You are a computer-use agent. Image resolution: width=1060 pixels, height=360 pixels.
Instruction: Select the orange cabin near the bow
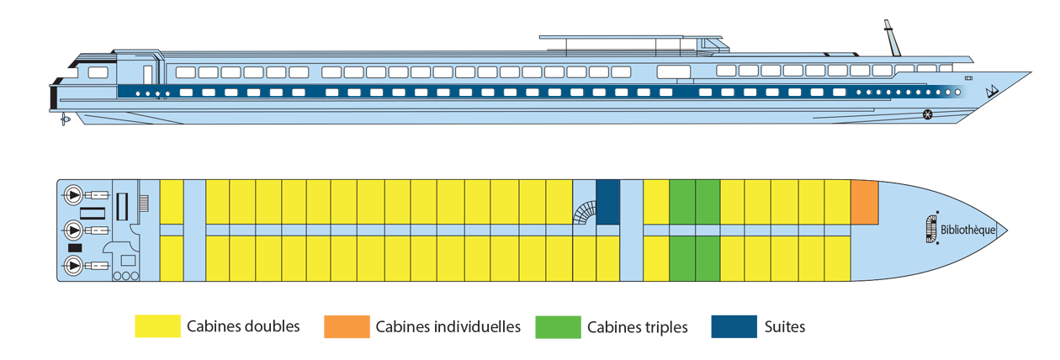coord(865,202)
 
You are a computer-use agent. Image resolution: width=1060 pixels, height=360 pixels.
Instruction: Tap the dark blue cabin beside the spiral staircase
coord(607,202)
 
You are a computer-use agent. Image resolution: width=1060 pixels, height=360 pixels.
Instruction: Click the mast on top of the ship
coord(888,37)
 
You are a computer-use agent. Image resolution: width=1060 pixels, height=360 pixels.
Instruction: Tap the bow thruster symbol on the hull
coord(928,114)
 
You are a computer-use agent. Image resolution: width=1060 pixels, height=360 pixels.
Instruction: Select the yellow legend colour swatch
coord(135,329)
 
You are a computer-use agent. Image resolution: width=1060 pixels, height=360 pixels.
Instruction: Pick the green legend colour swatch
coord(555,329)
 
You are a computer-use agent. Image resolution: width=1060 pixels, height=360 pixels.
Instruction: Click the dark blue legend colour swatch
coord(729,329)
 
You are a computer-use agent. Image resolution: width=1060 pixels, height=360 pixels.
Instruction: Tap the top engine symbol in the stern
coord(74,195)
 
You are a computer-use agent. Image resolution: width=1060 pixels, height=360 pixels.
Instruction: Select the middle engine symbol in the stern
coord(74,230)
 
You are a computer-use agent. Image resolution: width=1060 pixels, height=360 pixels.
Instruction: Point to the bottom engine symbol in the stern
coord(74,267)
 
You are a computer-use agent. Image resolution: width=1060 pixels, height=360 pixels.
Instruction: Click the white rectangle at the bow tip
coord(1025,223)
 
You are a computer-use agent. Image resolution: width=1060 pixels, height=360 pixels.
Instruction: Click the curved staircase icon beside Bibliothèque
coord(930,230)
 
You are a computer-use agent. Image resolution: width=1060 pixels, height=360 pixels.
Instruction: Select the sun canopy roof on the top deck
coord(631,38)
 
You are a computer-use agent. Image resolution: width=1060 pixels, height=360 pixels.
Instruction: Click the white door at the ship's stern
coord(147,72)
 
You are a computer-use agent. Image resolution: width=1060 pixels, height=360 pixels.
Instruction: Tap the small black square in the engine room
coord(74,248)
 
